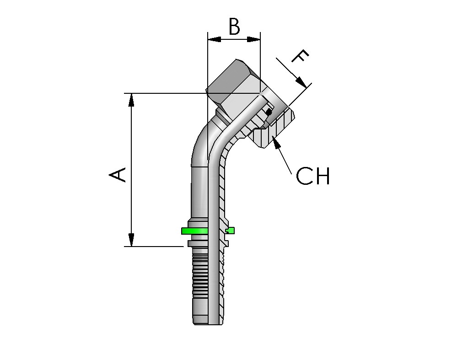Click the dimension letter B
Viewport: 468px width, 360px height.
click(234, 27)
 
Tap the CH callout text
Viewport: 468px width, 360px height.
click(313, 176)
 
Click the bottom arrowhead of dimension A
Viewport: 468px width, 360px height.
click(131, 240)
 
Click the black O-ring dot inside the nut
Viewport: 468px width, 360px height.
click(269, 111)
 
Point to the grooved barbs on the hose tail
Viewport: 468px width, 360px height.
click(199, 279)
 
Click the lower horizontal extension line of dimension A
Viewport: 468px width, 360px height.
click(153, 247)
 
